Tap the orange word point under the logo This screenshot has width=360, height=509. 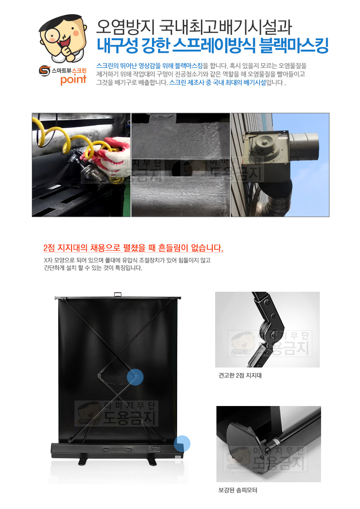point(73,80)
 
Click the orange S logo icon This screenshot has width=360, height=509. point(44,71)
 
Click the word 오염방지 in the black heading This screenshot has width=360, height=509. point(125,27)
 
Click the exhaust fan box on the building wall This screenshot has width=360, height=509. point(266,148)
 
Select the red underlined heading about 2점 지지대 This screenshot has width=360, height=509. point(134,248)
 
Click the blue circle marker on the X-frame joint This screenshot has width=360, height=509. point(135,377)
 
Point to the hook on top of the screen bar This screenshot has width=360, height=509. point(118,295)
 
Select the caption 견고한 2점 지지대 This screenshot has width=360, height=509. point(240,375)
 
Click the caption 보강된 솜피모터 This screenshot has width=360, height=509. point(238,490)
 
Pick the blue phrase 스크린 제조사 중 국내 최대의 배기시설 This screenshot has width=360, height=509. point(218,82)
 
